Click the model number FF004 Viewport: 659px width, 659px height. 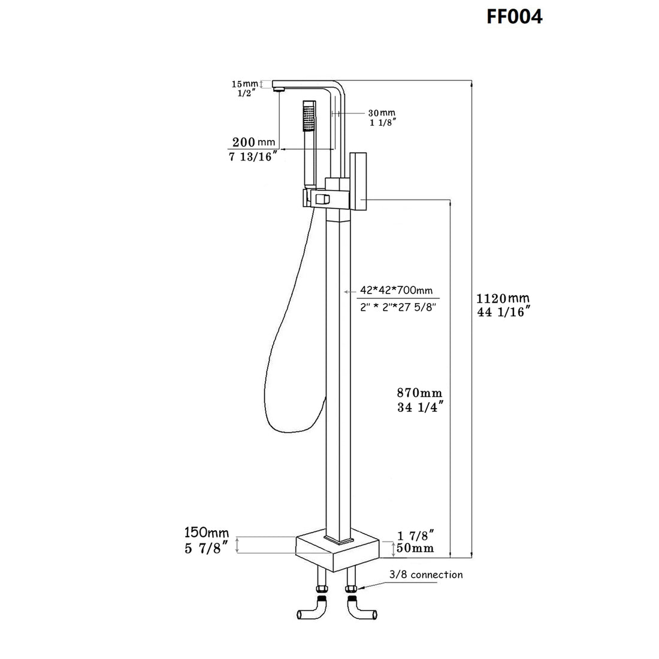click(x=514, y=16)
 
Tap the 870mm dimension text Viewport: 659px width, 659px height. click(x=419, y=394)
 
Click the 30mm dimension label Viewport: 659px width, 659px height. click(x=381, y=113)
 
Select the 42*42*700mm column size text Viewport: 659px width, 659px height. click(x=396, y=291)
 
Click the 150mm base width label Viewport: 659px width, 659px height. click(x=207, y=532)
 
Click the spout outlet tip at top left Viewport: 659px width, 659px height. click(x=277, y=89)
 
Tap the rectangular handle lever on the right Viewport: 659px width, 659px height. click(x=359, y=180)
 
